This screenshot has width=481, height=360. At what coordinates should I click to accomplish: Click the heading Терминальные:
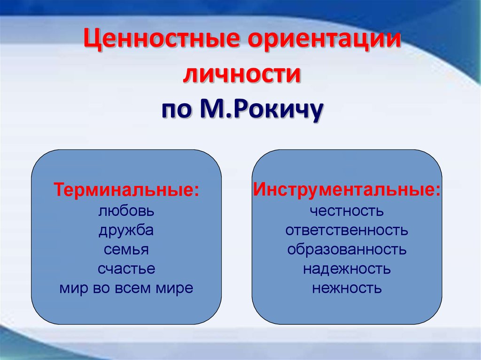(126, 190)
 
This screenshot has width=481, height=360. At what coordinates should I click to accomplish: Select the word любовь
(126, 211)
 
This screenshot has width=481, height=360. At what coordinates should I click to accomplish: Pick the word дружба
(126, 230)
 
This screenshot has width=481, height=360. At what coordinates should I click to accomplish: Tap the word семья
(126, 250)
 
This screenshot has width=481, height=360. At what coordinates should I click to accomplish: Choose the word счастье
(126, 269)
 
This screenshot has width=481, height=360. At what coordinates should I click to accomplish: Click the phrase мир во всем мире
(126, 288)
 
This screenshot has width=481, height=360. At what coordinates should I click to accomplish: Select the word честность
(347, 211)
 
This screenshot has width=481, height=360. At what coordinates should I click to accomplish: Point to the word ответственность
(347, 230)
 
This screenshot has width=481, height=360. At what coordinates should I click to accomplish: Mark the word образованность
(347, 249)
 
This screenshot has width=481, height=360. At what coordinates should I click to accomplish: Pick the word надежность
(347, 269)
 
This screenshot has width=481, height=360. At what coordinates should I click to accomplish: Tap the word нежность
(347, 288)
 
